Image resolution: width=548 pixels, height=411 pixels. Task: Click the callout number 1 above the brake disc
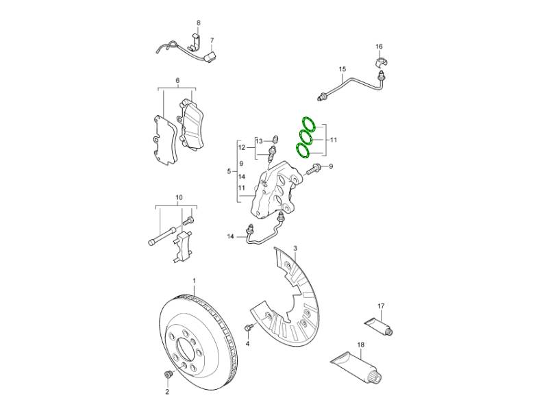tap(195, 281)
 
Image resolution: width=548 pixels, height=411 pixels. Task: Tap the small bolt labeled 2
tap(168, 374)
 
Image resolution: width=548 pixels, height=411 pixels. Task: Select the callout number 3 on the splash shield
tap(295, 249)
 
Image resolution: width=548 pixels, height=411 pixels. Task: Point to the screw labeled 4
tap(249, 327)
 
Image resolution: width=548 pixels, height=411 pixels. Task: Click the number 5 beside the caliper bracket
tap(229, 171)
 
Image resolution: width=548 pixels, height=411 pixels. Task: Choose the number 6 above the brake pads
tap(177, 81)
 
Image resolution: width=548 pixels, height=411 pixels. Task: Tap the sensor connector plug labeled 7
tap(210, 57)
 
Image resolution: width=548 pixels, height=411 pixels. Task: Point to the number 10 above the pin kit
tap(179, 198)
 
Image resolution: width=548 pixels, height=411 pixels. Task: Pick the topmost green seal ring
tap(308, 125)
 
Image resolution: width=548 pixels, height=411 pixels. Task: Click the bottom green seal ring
tap(303, 150)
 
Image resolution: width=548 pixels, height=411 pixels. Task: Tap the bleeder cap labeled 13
tap(275, 140)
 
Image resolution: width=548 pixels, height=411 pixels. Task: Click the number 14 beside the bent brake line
tap(230, 236)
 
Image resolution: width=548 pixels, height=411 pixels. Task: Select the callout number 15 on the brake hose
tap(342, 69)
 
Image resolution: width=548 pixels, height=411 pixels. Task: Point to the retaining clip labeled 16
tap(380, 62)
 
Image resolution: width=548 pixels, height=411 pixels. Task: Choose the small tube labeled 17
tap(378, 325)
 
